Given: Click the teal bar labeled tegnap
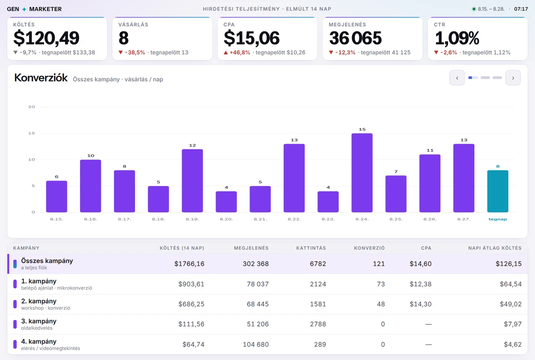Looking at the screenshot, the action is coord(497,191).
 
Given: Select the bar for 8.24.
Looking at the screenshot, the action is coord(362,172).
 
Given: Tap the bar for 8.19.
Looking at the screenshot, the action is coord(192,180).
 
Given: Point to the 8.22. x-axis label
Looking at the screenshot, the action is coord(294,219).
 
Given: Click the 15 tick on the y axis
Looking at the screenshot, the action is coord(31,133).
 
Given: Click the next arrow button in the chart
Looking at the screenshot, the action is coord(513,78).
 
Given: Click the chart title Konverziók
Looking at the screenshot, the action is coord(41,78).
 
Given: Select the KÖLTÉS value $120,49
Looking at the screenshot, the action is coord(46,38).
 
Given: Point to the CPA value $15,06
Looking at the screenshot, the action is coord(252,38).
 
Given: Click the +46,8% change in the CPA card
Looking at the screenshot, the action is coord(237,52).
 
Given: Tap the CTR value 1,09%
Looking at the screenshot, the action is coord(457,38).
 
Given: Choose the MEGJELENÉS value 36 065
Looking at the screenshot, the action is coord(355,38).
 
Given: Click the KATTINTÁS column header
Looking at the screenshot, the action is coord(311,248).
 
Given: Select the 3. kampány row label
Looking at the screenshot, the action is coord(38,321).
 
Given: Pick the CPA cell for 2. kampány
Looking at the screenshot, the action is coord(420,304).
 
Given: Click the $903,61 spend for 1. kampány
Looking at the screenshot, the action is coord(191,284).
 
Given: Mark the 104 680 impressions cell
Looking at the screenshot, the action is coord(255,344).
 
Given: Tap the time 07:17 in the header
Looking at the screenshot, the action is coord(521,9).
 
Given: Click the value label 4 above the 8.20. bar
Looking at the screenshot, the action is coord(226,187).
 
